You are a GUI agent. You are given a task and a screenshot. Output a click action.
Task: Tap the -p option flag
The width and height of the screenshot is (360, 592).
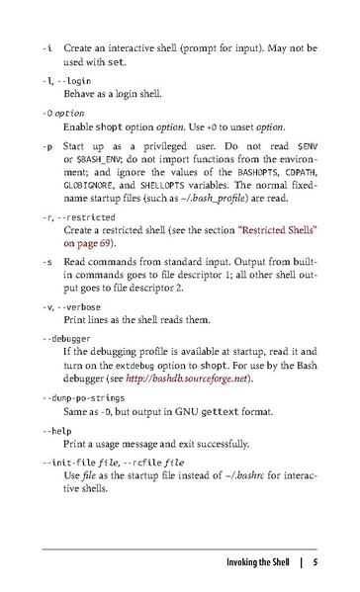(47, 146)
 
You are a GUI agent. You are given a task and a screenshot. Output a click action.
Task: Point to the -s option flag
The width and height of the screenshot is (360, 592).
(47, 262)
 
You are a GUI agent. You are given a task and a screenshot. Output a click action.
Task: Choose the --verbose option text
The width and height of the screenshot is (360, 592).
(81, 308)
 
